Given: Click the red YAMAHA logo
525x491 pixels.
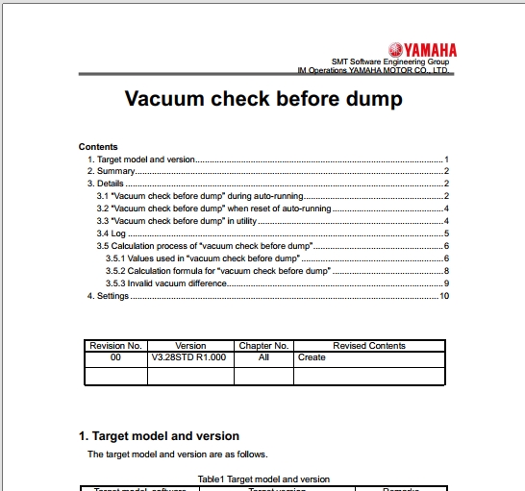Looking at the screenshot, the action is (423, 50).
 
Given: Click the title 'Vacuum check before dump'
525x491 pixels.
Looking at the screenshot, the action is (263, 99).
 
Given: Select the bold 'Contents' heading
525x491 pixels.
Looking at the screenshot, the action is (98, 147).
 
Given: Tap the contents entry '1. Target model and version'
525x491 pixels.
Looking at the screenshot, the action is (141, 159).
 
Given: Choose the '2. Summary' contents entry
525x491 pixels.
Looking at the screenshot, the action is (111, 171).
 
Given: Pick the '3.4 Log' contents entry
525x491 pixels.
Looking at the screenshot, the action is (111, 233).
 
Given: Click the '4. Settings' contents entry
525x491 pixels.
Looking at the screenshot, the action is (109, 296).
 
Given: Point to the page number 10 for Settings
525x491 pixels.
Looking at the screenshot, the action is (444, 296).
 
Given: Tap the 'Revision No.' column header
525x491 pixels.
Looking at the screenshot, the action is (115, 346).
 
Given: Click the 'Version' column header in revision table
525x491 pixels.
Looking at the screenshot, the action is (191, 346).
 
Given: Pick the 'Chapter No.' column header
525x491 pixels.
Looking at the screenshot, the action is (263, 346).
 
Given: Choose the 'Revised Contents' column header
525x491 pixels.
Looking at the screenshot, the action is (369, 346).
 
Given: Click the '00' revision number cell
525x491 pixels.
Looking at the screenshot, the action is (115, 357).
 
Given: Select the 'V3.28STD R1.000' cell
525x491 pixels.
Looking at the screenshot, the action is (190, 357).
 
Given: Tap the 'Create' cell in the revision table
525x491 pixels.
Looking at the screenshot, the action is (312, 357).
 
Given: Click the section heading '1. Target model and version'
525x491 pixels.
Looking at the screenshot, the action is (159, 436).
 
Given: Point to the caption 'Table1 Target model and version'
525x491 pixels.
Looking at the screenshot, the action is (263, 479).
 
